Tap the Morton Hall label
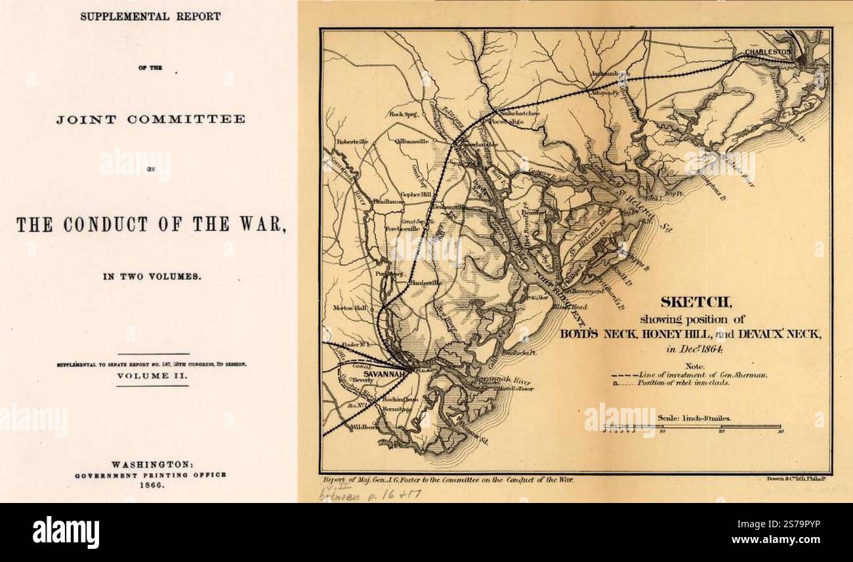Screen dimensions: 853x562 pos(350,308)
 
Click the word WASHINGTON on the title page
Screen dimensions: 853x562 pos(152,463)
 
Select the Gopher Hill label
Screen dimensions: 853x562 pos(416,195)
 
